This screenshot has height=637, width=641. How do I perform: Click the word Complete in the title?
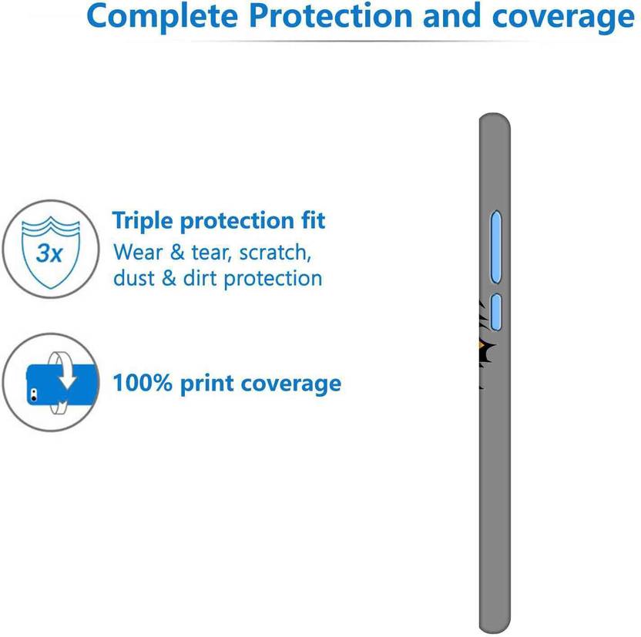[163, 16]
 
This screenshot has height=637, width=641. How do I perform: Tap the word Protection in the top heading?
[331, 15]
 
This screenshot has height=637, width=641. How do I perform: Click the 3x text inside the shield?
[49, 253]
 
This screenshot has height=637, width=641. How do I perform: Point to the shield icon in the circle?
[51, 252]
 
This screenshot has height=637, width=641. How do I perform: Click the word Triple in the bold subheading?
[143, 221]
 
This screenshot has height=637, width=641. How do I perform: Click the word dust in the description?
[134, 278]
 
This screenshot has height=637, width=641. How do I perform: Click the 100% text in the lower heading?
[143, 383]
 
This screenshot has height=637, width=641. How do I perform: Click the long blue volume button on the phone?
[496, 246]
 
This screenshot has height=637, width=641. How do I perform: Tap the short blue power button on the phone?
[496, 312]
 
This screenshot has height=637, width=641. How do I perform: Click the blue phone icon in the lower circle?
[62, 384]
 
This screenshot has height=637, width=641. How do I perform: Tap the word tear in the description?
[209, 253]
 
